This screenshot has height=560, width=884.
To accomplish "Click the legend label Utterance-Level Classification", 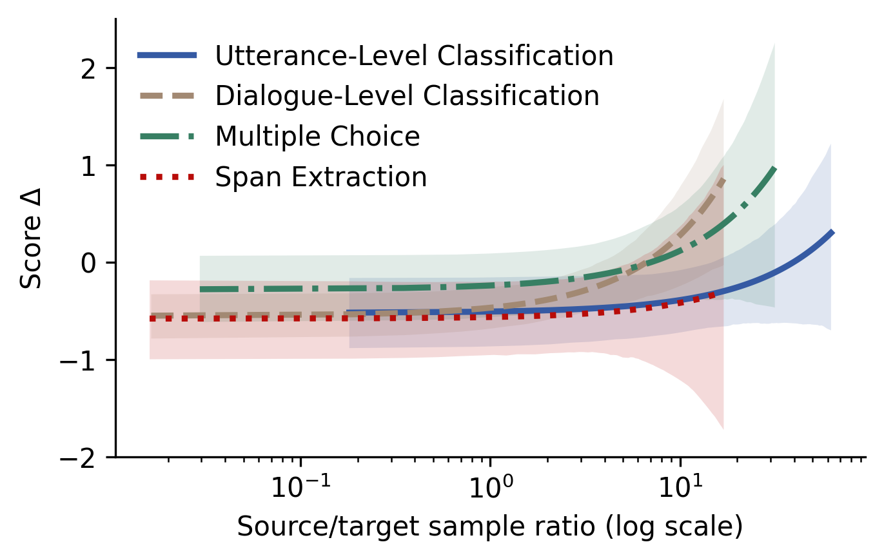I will [414, 56].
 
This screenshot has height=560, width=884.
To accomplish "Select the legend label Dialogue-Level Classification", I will [407, 96].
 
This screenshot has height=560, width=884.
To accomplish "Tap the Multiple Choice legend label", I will [317, 137].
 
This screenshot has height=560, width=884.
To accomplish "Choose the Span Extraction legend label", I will [320, 177].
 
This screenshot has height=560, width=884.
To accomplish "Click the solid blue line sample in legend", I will [167, 56].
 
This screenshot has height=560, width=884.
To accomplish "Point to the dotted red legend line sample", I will [167, 177].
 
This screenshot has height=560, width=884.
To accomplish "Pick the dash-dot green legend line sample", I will [167, 137].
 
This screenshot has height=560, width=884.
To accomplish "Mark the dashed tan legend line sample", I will [167, 96].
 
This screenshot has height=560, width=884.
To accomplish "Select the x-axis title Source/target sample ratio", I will [489, 527].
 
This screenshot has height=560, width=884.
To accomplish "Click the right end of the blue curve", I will [832, 231].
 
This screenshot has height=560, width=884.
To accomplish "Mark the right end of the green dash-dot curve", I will [774, 168].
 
